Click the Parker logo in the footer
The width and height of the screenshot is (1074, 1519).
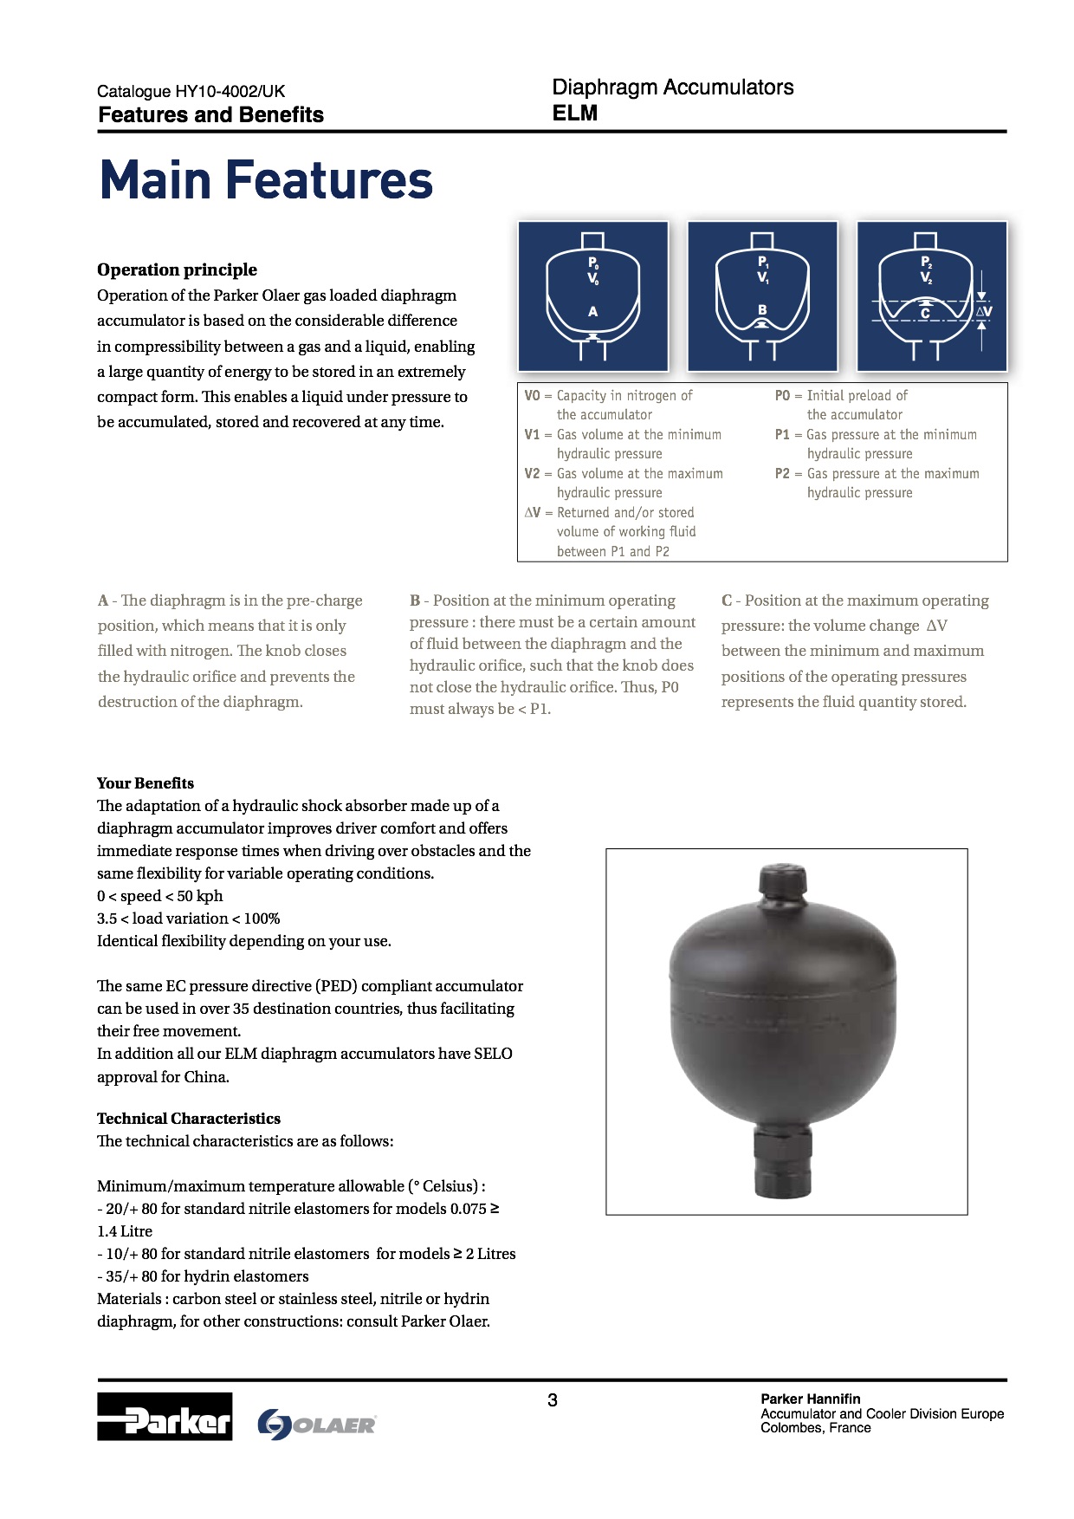point(165,1416)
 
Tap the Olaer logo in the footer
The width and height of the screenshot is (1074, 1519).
point(317,1425)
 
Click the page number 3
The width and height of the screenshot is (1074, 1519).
point(553,1400)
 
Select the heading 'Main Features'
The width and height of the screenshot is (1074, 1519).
point(266,180)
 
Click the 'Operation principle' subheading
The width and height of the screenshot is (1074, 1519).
point(177,269)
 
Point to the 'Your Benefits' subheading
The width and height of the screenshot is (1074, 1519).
point(146,783)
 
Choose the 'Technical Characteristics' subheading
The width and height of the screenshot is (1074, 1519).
point(189,1119)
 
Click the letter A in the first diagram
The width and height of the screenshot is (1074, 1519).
point(593,311)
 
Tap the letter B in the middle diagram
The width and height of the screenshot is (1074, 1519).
point(762,309)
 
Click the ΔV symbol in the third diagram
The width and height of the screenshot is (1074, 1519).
point(984,312)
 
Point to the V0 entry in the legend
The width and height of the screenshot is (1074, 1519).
point(532,396)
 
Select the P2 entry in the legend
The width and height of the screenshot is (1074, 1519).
point(782,474)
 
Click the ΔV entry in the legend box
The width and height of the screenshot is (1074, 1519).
point(532,513)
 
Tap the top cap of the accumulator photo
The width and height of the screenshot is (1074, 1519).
point(784,885)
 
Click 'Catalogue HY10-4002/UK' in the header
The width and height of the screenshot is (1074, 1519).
point(191,91)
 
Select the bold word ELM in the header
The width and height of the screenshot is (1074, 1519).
point(575,114)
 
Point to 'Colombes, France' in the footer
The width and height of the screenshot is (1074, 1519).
point(815,1428)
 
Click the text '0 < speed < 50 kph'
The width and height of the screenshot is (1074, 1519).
point(160,896)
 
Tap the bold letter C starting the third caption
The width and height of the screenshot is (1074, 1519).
point(727,600)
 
